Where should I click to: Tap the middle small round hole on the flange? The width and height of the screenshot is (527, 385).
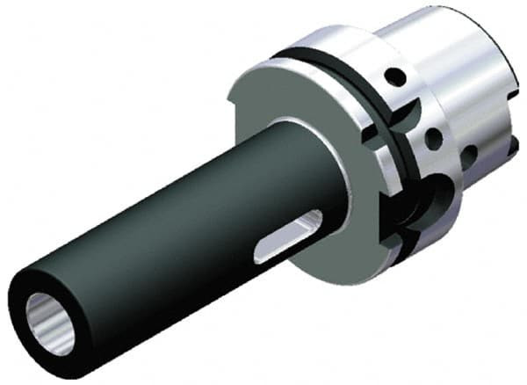[x=433, y=138]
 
